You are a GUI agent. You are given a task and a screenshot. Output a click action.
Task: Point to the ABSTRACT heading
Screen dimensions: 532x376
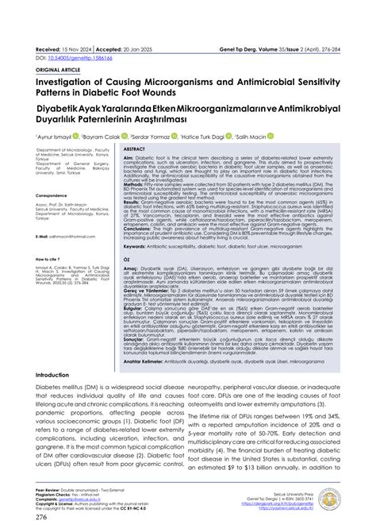[135, 148]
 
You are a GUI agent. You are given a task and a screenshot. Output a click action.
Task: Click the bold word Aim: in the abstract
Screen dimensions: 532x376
[129, 158]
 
